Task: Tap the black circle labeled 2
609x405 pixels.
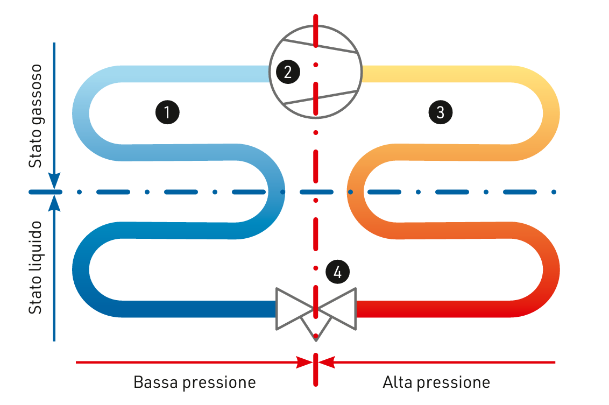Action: (288, 72)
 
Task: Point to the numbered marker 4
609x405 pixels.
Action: (337, 272)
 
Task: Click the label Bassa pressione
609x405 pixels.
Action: (194, 382)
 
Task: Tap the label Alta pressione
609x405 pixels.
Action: (436, 382)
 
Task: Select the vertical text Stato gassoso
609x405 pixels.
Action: (36, 116)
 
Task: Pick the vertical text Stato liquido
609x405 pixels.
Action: (36, 267)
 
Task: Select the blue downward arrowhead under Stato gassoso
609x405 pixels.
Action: (54, 181)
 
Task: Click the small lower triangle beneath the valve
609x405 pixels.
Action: (315, 326)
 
